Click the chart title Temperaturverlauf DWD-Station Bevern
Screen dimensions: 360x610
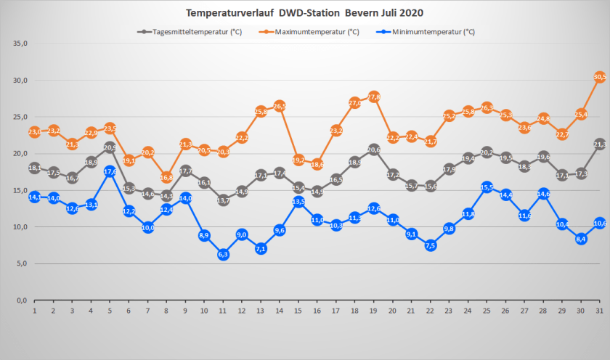coord(304,13)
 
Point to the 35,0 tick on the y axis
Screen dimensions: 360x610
coord(20,44)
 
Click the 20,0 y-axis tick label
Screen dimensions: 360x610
coord(20,154)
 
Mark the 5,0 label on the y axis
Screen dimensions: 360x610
coord(20,263)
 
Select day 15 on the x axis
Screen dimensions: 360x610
coord(298,311)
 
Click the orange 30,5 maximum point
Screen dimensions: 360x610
coord(600,76)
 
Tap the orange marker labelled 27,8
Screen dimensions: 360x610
coord(374,97)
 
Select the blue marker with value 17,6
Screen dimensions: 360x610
coord(110,171)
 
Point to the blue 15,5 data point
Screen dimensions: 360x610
coord(487,187)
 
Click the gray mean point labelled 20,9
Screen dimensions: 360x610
coord(110,147)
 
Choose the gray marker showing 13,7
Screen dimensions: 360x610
coord(223,200)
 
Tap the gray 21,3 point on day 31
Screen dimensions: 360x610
coord(600,144)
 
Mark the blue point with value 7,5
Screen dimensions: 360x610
coord(431,245)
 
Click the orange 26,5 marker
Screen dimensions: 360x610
coord(280,106)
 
